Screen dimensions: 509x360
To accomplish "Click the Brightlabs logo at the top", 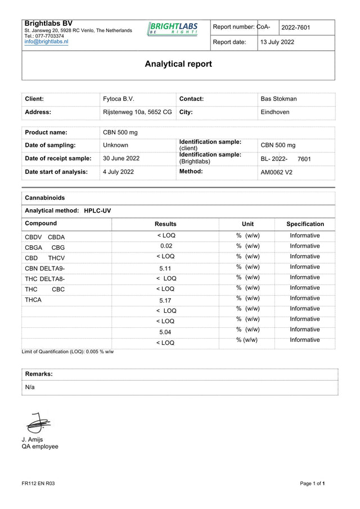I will pos(172,29).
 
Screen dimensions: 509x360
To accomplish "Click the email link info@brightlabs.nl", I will pos(46,42).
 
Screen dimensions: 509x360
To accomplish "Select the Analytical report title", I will pos(178,64).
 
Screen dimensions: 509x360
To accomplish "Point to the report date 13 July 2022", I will pos(277,42).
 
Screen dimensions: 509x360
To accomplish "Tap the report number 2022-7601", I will pos(296,28).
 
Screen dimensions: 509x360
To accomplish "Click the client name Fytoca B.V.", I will pos(119,99).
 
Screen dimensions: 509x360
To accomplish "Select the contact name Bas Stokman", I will pos(278,99).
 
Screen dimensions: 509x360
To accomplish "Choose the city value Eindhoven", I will pos(275,112).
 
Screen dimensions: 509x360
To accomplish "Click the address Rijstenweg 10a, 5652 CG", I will pos(137,112).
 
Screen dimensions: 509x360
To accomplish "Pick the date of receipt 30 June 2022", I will pos(121,159).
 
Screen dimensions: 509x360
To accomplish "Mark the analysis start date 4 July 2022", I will pos(118,172).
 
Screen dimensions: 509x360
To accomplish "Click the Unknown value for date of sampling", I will pos(115,145).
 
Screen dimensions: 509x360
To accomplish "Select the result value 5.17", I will pos(165,301).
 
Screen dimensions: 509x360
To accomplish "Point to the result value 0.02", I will pos(165,246).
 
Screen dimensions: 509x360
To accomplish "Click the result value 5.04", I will pos(165,332).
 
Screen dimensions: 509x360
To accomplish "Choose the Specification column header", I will pos(305,224).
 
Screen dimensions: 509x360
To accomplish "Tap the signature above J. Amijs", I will pos(38,423).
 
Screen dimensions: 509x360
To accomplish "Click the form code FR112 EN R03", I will pos(38,484).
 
